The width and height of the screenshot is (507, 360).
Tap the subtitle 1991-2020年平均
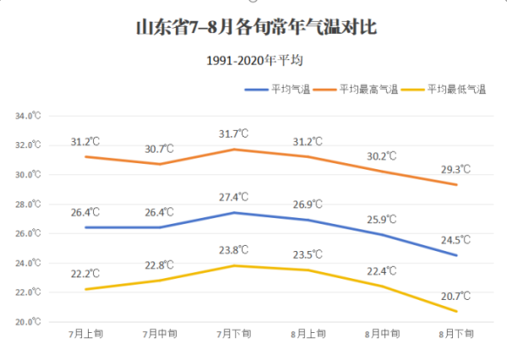tap(253, 61)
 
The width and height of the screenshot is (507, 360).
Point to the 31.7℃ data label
tap(234, 134)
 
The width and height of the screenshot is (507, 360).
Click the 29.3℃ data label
tap(455, 169)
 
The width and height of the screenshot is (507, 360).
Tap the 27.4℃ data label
tap(234, 197)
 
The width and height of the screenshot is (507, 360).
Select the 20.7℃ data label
tap(455, 296)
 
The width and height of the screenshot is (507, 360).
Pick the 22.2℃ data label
tap(85, 274)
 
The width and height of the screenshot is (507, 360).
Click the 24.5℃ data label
tap(455, 239)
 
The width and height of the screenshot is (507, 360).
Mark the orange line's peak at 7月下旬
tap(234, 150)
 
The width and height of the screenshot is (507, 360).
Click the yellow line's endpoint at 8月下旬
tap(457, 311)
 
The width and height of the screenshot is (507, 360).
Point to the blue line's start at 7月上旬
tap(85, 227)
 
